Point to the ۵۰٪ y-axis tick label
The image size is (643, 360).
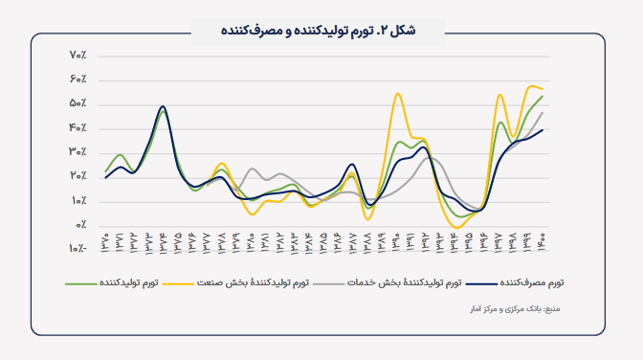coord(78,103)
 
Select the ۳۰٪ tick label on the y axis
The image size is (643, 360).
coord(78,152)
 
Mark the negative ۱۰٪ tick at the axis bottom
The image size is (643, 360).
coord(77,249)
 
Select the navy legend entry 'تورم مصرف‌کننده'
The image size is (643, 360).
coord(521,283)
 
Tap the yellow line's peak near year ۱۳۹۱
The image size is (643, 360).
coord(397,93)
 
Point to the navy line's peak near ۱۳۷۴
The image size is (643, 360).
coord(163,106)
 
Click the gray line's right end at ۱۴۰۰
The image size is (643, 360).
coord(543,112)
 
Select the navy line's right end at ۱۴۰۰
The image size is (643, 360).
coord(543,129)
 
